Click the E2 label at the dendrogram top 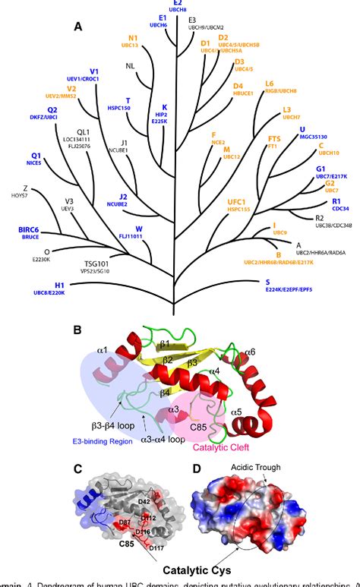point(178,3)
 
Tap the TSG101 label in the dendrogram point(96,263)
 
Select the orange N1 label point(133,37)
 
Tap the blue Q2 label point(31,109)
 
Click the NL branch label point(130,65)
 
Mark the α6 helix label point(249,352)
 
